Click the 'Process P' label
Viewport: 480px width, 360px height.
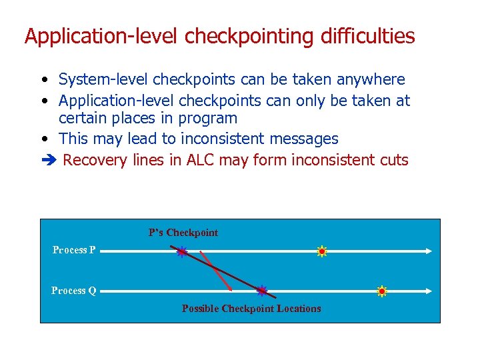[x=74, y=250]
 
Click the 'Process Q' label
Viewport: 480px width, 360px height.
[x=74, y=291]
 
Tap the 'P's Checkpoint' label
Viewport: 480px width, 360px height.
[x=183, y=233]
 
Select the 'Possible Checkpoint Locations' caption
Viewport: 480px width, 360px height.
[x=251, y=309]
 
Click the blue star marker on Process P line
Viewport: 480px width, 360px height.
[x=181, y=252]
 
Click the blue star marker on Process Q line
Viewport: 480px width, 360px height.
[x=262, y=291]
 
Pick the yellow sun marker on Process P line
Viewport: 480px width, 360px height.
[x=322, y=251]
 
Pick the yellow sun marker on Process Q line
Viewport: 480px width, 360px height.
[x=382, y=291]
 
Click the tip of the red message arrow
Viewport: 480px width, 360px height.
[x=231, y=289]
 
